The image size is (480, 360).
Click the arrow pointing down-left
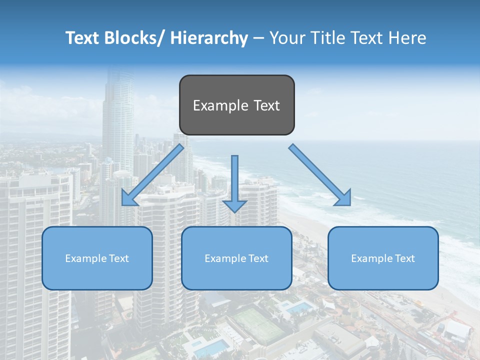point(153,175)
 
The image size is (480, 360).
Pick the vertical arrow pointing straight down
point(234,182)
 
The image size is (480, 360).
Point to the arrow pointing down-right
point(320,175)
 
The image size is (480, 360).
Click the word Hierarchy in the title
point(209,38)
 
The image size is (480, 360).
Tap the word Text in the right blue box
point(404,258)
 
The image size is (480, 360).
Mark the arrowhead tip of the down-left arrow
point(123,205)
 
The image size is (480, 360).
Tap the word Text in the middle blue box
point(258,258)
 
